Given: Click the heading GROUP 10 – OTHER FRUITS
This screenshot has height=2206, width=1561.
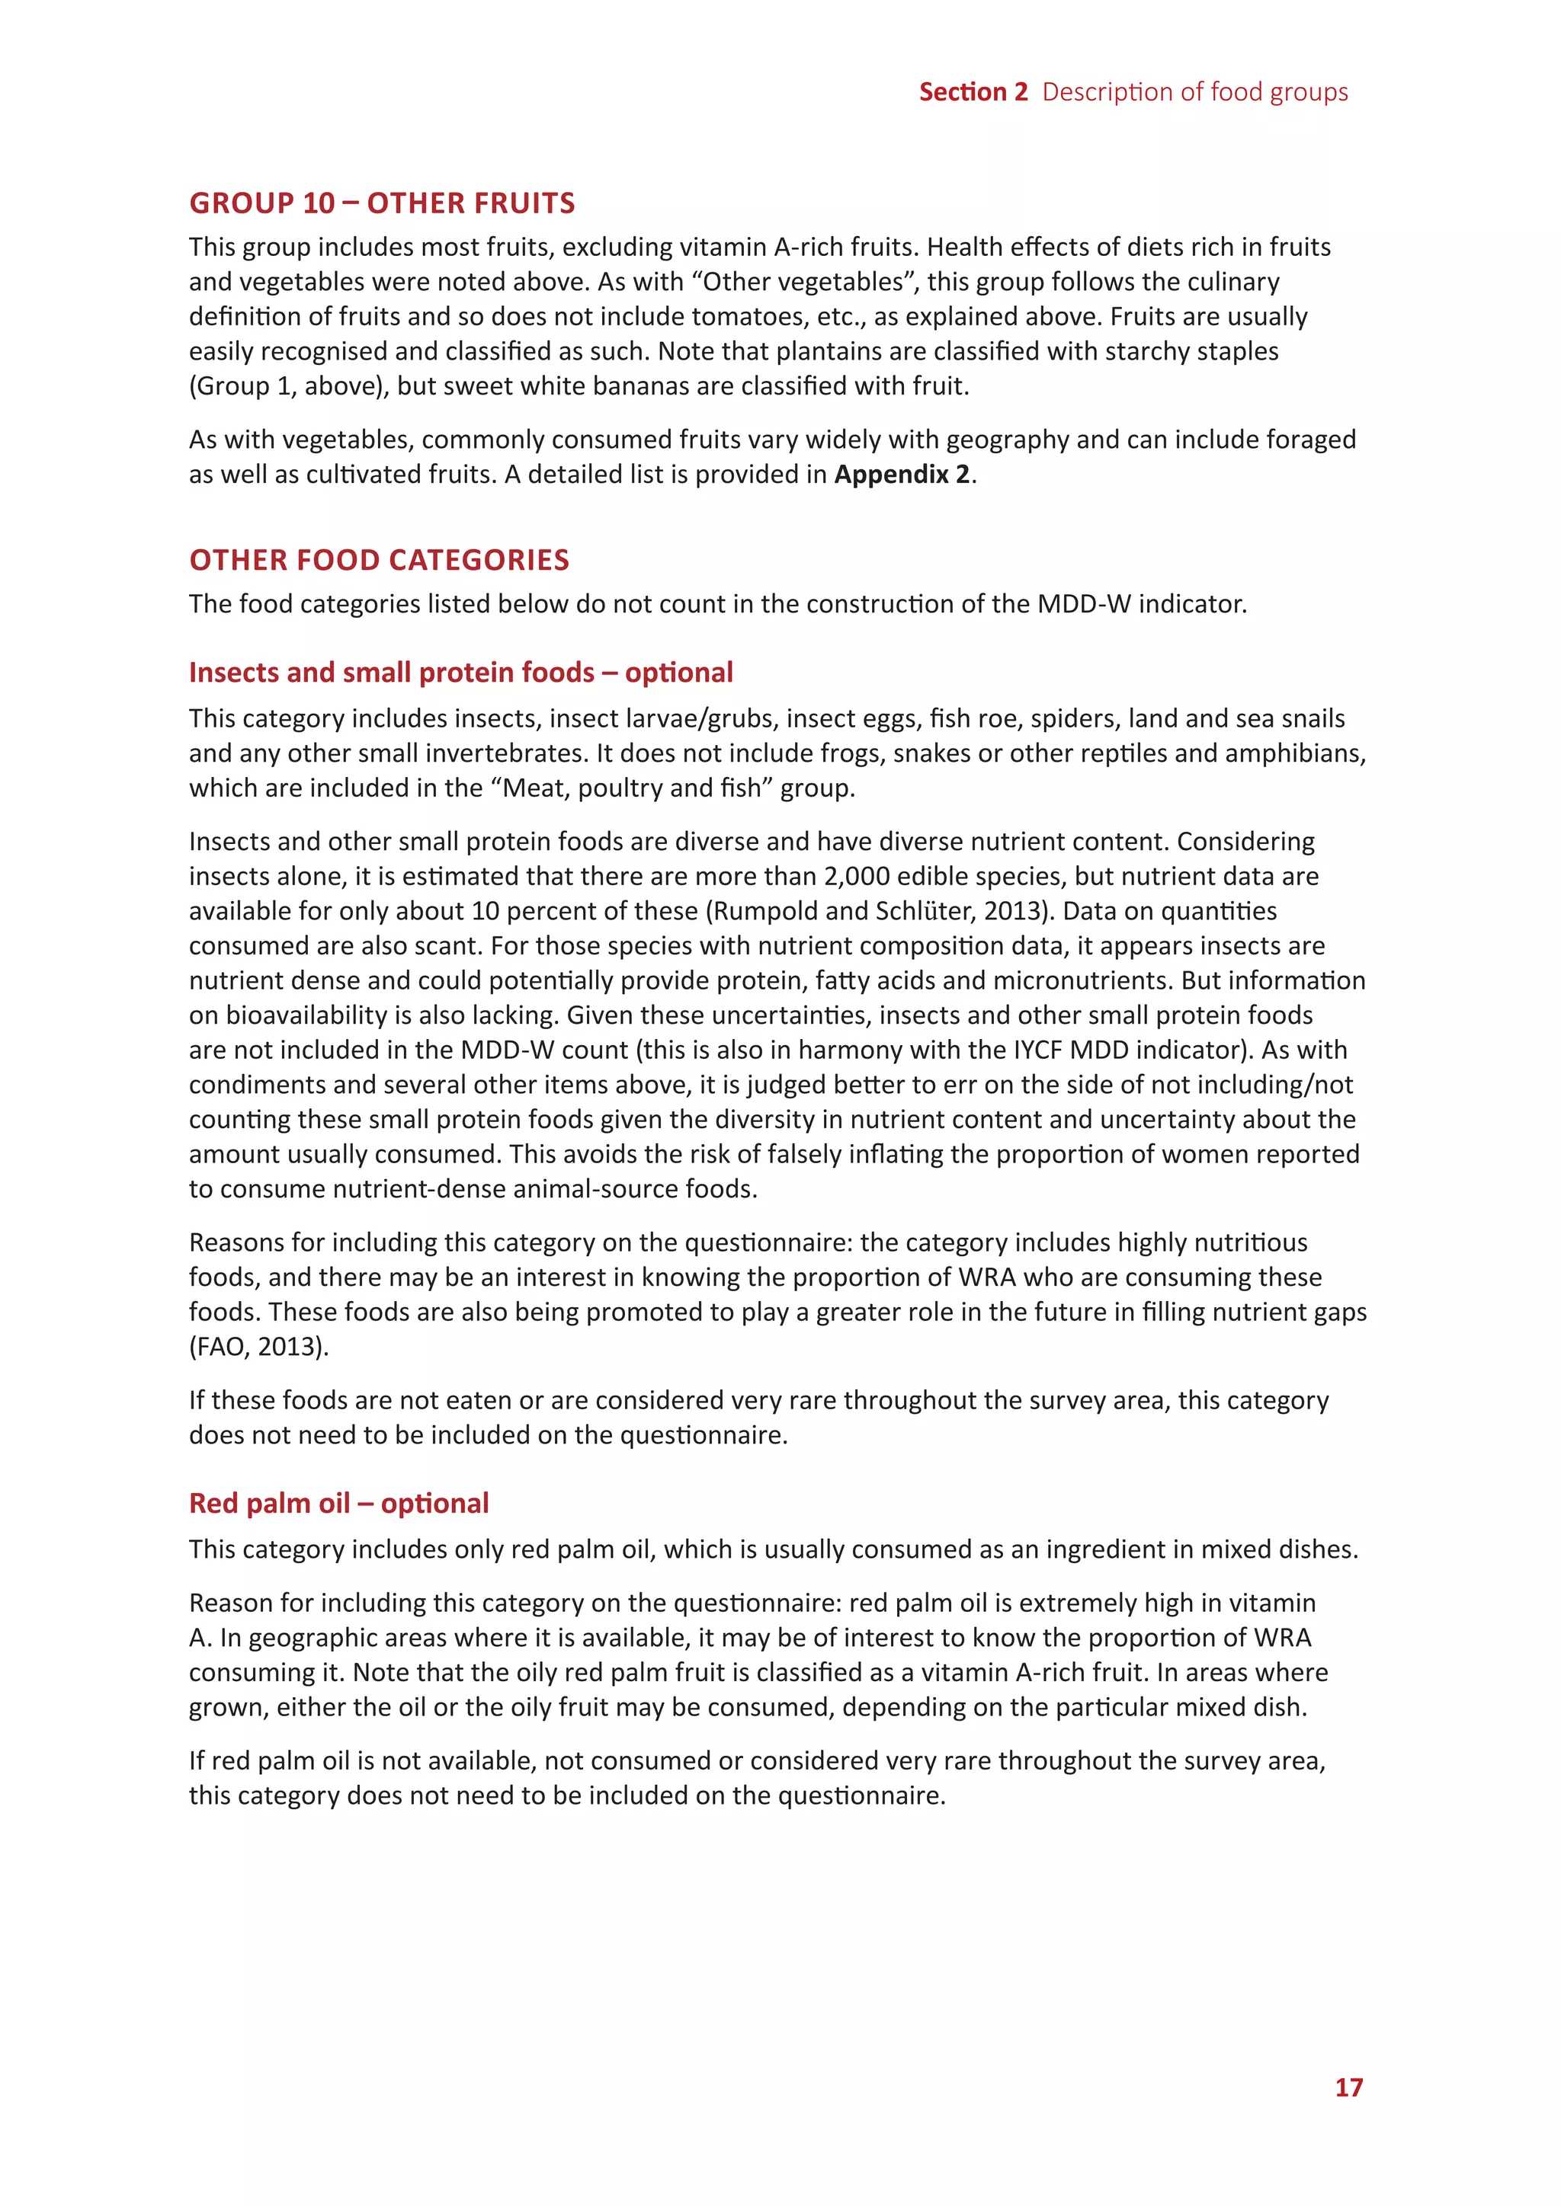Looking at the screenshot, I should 382,203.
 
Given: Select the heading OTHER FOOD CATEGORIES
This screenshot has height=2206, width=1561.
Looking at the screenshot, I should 379,559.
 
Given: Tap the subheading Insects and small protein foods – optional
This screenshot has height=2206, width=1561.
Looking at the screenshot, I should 460,672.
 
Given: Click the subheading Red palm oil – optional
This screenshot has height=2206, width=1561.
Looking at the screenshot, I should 338,1503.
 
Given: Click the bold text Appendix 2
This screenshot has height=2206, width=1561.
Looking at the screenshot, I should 902,475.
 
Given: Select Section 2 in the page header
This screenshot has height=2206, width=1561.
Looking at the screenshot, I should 973,91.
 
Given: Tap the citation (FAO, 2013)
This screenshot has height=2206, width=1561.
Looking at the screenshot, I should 258,1346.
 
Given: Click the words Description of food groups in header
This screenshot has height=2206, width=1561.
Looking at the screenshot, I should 1195,91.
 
